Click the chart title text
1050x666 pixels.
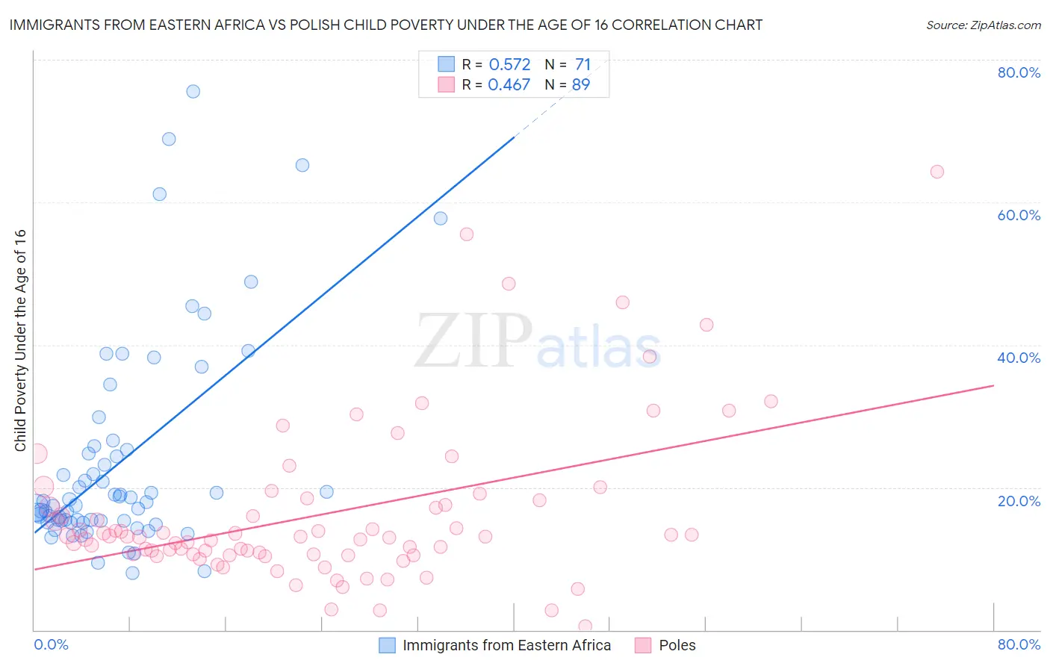point(386,25)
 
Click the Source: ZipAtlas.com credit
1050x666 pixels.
point(983,25)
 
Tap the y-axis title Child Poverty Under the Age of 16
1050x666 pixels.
point(20,340)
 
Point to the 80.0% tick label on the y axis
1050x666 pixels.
point(1019,72)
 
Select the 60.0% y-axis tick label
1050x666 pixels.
point(1019,215)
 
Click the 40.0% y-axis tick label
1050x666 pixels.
point(1019,358)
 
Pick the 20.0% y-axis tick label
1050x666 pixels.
point(1019,500)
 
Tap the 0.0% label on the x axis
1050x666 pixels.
point(51,644)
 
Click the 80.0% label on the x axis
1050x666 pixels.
point(1019,644)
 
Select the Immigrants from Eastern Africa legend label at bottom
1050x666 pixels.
point(506,645)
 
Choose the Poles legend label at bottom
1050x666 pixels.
point(677,645)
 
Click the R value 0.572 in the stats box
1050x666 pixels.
point(509,65)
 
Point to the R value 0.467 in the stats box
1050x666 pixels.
point(509,85)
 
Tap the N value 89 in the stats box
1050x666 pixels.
point(581,85)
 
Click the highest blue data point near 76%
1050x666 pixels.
point(193,91)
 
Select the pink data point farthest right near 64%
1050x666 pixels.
point(936,172)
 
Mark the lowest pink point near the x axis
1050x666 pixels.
point(585,626)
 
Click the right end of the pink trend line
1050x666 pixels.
point(993,385)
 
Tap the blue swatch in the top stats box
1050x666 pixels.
point(446,64)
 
